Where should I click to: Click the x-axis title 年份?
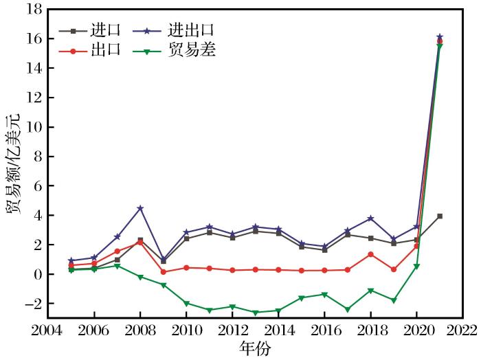pos(254,348)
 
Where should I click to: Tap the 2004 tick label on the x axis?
pos(48,330)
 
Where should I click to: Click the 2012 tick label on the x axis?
pos(232,330)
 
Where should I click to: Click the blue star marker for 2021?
pos(440,37)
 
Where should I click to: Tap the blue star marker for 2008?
pos(140,208)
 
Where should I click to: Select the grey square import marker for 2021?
pos(440,216)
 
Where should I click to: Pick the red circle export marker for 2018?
pos(370,254)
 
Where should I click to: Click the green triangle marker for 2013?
pos(256,313)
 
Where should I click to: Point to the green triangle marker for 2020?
pos(416,267)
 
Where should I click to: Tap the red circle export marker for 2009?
pos(164,272)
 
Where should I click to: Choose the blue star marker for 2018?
pos(370,218)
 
